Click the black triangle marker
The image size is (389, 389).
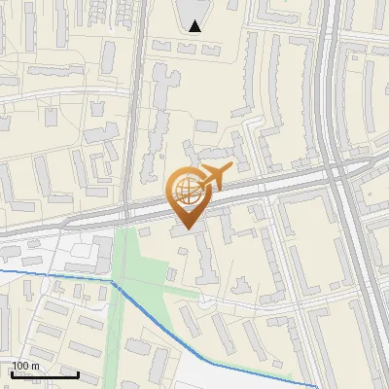pos(195,26)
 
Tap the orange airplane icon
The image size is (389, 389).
pos(215,177)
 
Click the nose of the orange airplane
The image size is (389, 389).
pos(231,168)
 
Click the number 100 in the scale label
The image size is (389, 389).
pos(20,366)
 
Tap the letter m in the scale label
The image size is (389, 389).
pos(35,366)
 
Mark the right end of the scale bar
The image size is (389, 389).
pos(78,374)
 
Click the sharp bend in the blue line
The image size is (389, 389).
pos(113,283)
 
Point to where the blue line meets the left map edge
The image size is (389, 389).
pos(1,271)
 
